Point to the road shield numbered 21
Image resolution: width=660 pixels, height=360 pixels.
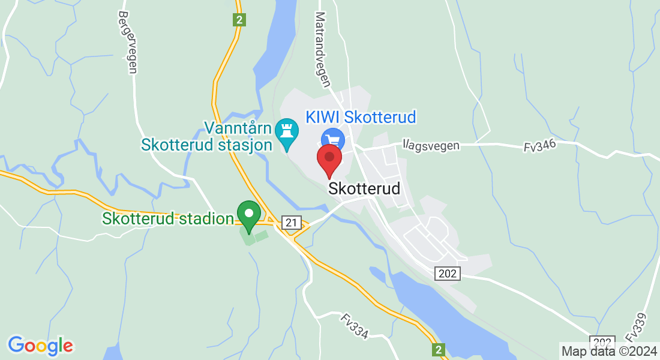coord(291,223)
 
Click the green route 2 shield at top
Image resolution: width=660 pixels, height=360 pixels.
coord(239,20)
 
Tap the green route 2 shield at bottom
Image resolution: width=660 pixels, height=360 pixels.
coord(439,349)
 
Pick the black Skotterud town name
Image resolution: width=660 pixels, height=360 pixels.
coord(364,188)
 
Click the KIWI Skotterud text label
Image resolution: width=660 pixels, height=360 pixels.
coord(361,116)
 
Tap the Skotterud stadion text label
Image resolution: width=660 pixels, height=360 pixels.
coord(167,218)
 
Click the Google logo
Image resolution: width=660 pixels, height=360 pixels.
coord(40,346)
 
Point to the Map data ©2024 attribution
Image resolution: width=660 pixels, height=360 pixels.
coord(609,351)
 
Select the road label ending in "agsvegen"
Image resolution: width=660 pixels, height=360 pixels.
coord(431,145)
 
